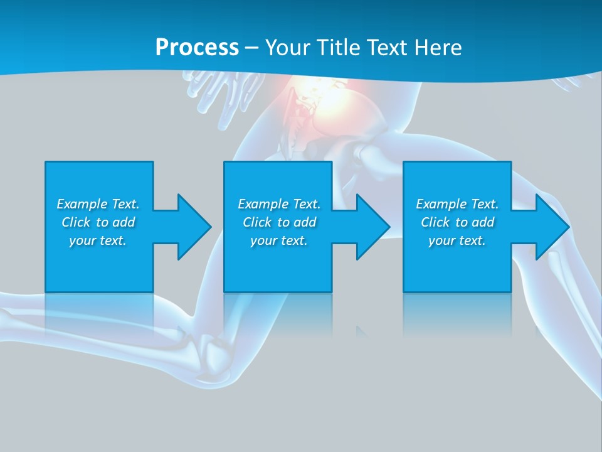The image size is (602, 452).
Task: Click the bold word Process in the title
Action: [197, 47]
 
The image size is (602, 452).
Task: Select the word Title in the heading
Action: [339, 47]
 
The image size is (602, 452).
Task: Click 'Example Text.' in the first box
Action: [98, 204]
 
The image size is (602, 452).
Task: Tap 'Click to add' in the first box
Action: [98, 222]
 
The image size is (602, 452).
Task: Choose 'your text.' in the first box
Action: [98, 240]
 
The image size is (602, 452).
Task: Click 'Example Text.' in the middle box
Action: [279, 204]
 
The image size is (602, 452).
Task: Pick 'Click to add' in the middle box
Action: [279, 222]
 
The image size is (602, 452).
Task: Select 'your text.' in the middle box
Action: [279, 240]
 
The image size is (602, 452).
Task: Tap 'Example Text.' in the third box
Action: [457, 204]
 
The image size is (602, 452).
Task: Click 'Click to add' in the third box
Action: [457, 222]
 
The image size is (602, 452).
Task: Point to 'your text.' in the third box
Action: [457, 240]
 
